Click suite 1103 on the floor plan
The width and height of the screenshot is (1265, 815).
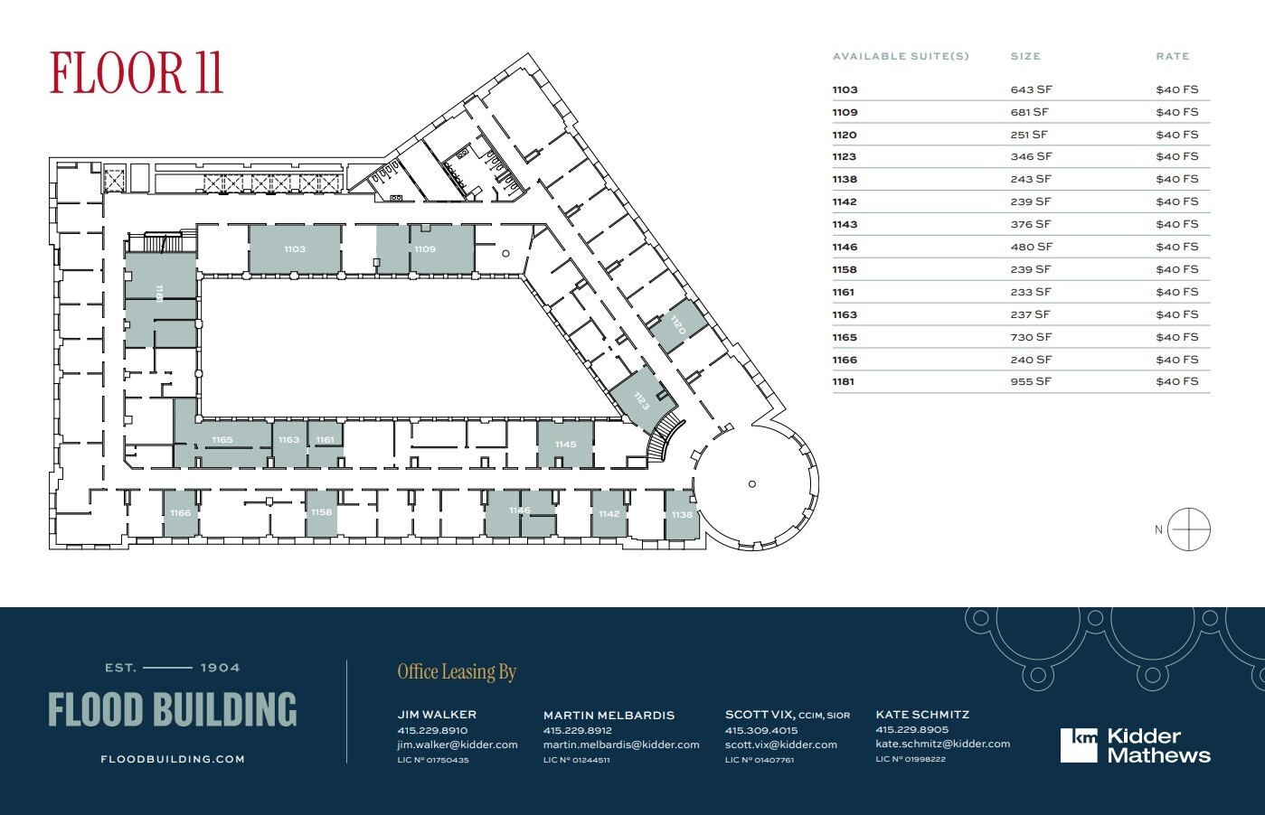tap(295, 248)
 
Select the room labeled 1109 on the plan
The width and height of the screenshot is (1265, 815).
tap(425, 248)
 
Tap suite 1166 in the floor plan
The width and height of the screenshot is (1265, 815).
tap(180, 512)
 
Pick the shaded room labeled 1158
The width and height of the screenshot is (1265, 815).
tap(321, 511)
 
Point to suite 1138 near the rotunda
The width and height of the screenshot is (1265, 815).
tap(682, 514)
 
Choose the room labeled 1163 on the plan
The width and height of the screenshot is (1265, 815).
tap(288, 440)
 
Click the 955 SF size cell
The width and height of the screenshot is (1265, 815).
tap(1031, 381)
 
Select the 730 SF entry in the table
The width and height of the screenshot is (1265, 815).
tap(1031, 337)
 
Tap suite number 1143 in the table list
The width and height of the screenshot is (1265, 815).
tap(845, 224)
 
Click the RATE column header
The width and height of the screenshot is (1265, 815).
tap(1172, 56)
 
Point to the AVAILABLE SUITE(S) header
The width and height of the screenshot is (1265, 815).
tap(900, 56)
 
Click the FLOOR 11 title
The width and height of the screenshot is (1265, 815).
tap(136, 74)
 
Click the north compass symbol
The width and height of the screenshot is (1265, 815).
tap(1188, 529)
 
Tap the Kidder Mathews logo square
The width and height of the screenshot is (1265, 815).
tap(1079, 745)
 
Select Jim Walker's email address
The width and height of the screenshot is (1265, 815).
tap(457, 745)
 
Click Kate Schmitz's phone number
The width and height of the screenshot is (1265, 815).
tap(911, 729)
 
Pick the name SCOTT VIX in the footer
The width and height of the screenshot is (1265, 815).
tap(759, 714)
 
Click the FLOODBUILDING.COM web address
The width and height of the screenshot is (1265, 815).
tap(173, 759)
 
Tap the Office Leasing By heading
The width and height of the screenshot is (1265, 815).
tap(457, 671)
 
